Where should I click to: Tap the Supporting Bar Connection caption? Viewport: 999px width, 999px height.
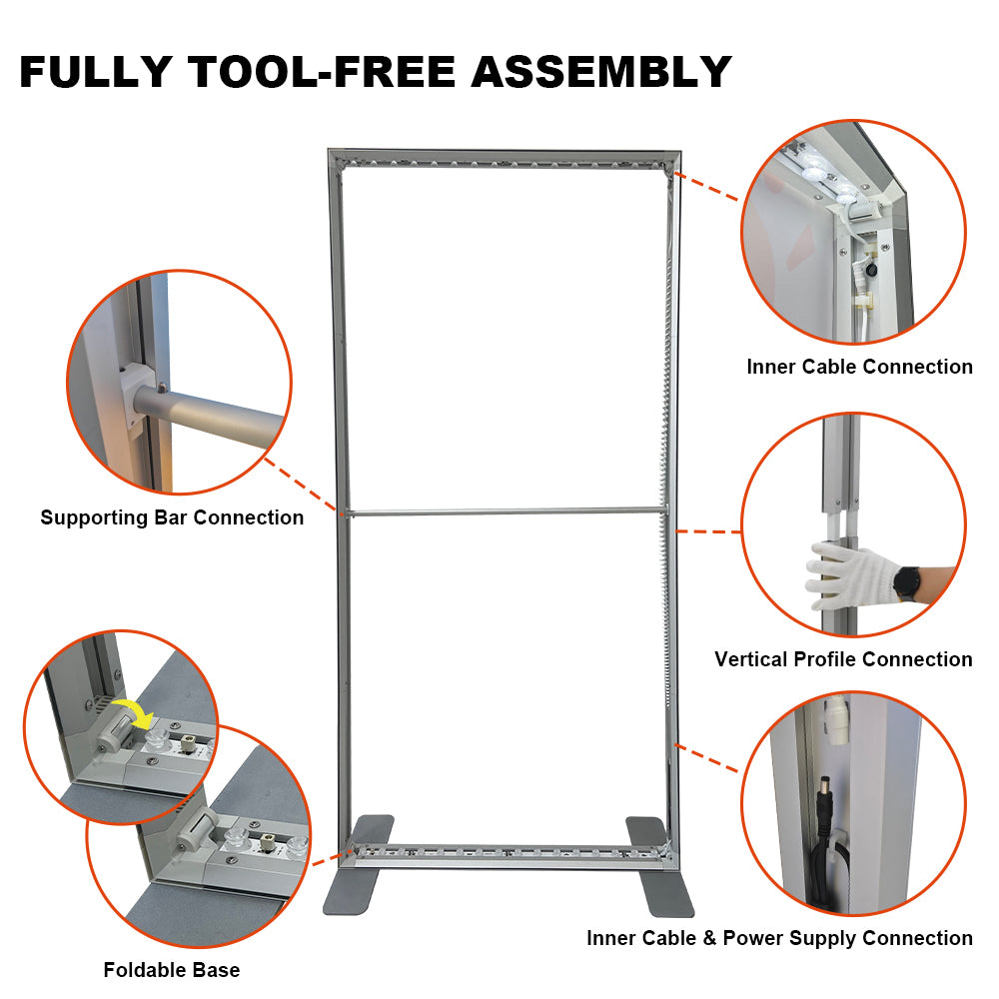(172, 517)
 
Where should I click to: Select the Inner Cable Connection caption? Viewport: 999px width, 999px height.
(859, 367)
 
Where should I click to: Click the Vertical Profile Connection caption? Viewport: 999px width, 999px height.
(843, 659)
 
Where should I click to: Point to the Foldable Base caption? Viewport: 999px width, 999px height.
(171, 970)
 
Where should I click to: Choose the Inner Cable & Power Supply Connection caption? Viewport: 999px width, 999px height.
(779, 938)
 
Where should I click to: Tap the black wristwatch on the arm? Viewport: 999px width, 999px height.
(908, 582)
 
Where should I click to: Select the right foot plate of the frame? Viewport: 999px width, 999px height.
(656, 864)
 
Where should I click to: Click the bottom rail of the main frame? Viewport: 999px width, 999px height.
(504, 855)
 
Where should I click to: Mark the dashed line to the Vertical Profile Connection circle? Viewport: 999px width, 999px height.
(709, 531)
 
